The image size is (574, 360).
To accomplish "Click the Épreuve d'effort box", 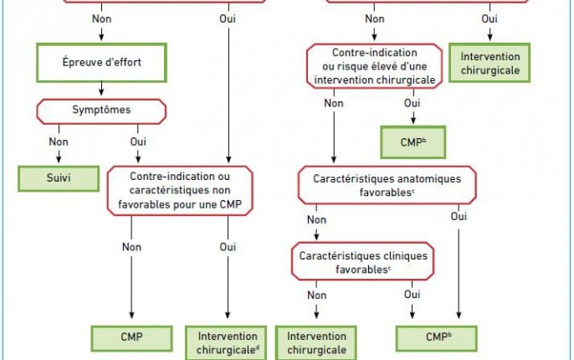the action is tap(101, 63).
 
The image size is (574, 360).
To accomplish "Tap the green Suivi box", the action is tap(59, 178).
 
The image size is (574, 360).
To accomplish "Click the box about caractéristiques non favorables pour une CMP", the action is tap(180, 190).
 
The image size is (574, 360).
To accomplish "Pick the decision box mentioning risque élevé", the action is tap(374, 66).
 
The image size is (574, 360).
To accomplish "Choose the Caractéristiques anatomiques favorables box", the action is tap(387, 185).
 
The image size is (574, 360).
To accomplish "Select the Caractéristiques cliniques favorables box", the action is tap(363, 261).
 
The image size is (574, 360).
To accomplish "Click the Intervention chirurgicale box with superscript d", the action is tap(226, 343).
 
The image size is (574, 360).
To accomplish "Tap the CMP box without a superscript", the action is tap(132, 338).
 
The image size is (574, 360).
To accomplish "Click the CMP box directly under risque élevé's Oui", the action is tap(413, 142).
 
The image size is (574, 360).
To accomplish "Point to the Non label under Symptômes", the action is tap(59, 141).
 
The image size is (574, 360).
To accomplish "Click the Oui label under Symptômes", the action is tap(138, 141).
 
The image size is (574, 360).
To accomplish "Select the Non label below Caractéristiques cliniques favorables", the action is tap(316, 296).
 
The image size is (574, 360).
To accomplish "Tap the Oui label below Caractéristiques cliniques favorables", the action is tap(413, 295).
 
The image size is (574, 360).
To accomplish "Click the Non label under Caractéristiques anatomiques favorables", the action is tap(316, 219).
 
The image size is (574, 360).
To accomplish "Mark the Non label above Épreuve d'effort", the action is tap(101, 18).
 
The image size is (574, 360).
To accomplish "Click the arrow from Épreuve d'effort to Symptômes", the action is tap(101, 89).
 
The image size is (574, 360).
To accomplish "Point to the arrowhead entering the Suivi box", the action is tap(59, 159).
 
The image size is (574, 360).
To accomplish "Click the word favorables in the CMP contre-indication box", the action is tap(141, 204).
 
